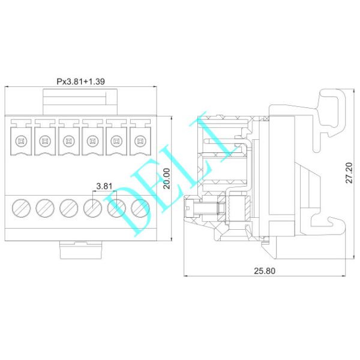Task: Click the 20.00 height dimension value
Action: pyautogui.click(x=167, y=179)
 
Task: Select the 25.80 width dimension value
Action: pyautogui.click(x=264, y=271)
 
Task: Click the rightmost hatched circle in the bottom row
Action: pyautogui.click(x=140, y=208)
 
